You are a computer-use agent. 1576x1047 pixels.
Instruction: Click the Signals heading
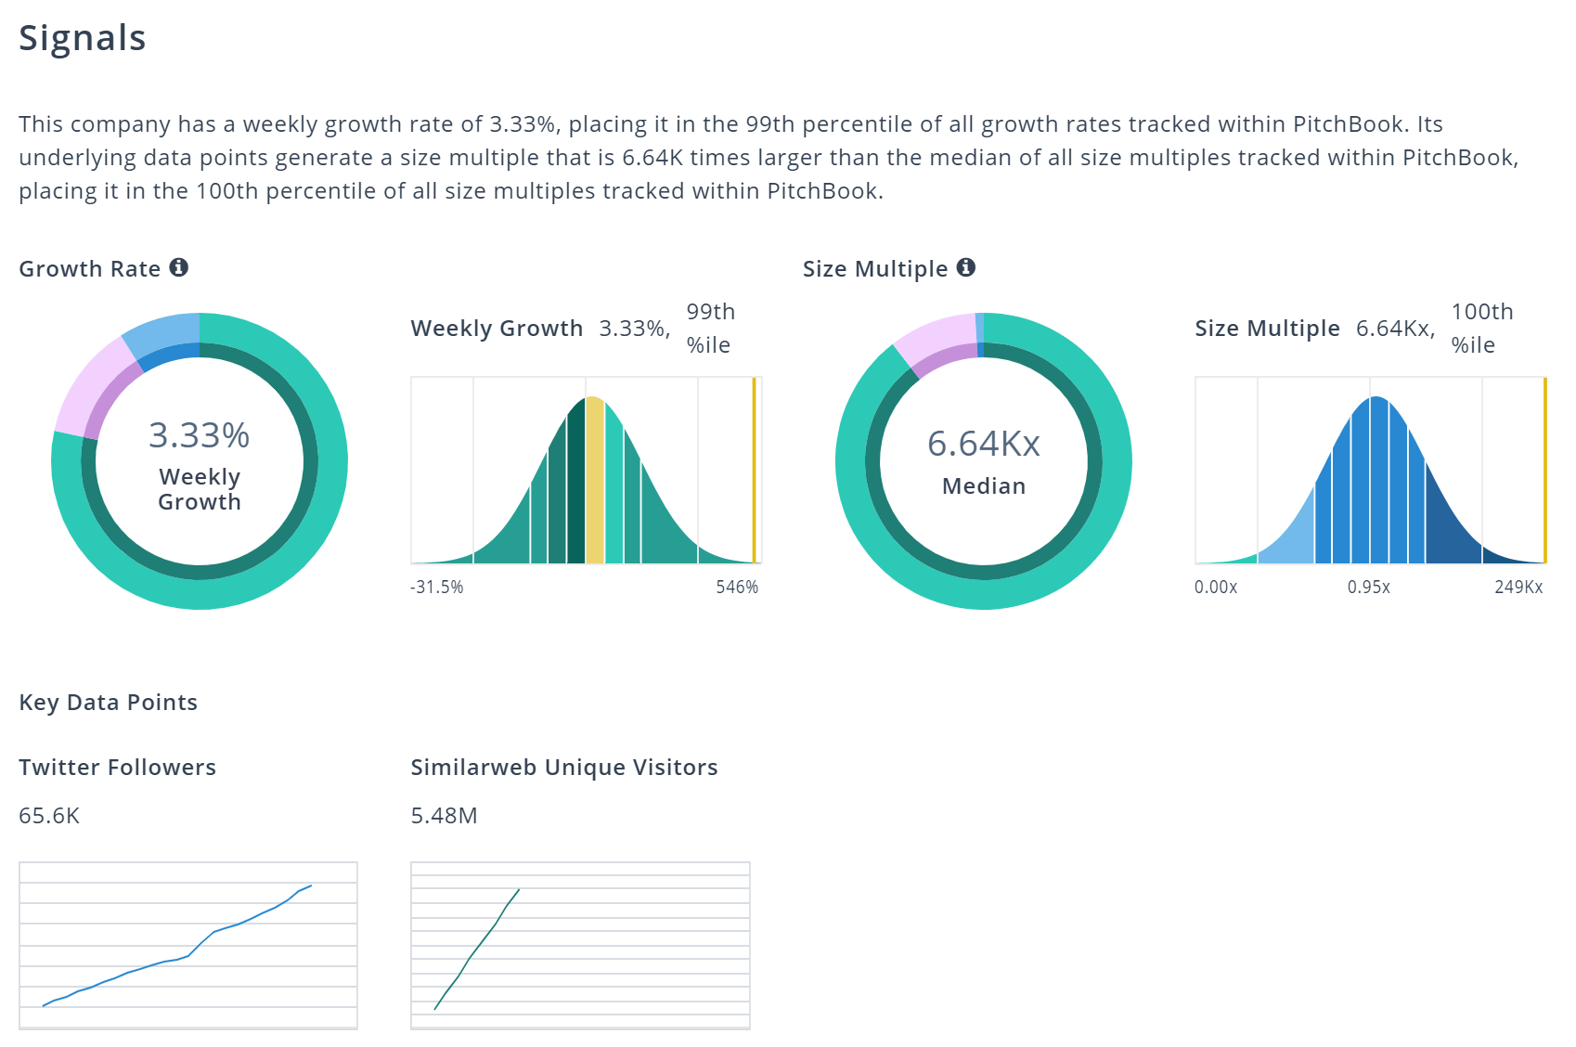click(83, 38)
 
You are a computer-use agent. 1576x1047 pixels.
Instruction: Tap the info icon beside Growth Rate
click(179, 267)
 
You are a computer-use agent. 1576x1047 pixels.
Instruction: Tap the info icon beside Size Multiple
click(966, 267)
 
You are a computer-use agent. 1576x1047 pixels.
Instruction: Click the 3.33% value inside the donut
click(199, 435)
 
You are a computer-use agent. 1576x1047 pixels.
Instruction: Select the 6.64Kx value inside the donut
click(984, 444)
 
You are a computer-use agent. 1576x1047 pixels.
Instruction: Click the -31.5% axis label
click(437, 587)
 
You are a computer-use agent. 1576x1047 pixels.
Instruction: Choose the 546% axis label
click(737, 587)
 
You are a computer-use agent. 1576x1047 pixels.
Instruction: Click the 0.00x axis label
click(1216, 587)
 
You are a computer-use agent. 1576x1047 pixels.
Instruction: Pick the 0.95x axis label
click(1369, 587)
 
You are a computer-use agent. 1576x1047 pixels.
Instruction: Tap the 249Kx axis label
click(1518, 587)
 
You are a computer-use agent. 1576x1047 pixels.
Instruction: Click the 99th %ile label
click(710, 328)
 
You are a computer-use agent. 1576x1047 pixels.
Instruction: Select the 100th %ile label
click(1482, 328)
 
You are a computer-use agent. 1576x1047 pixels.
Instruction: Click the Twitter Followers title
click(117, 768)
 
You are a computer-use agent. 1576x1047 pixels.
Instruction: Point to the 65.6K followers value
click(49, 816)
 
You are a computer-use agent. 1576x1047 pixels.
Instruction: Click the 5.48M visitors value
click(444, 816)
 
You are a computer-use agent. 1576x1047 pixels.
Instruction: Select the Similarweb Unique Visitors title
click(564, 768)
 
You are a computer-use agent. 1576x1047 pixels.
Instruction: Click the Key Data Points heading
click(108, 703)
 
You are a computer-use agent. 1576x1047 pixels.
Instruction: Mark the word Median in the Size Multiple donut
click(984, 486)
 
